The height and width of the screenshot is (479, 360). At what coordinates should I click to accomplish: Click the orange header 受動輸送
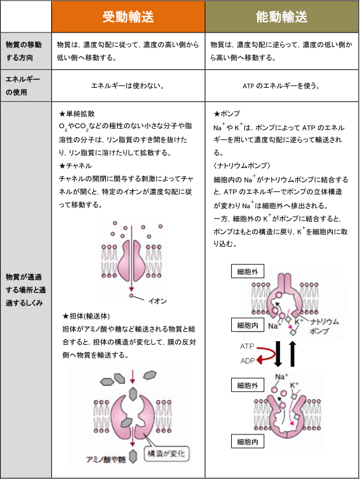pos(128,16)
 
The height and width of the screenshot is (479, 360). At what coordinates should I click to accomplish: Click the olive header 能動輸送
pos(281,16)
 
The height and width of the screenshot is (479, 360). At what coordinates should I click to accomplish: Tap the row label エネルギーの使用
pos(22,85)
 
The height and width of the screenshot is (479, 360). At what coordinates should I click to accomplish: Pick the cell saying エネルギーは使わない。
pos(128,86)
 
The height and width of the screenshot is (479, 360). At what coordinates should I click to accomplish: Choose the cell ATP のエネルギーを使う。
pos(281,86)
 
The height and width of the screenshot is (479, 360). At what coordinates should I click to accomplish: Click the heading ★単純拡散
pos(76,113)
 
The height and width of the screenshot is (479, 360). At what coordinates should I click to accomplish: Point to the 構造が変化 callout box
pos(170,453)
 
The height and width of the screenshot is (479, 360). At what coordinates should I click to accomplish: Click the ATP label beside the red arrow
pos(247,347)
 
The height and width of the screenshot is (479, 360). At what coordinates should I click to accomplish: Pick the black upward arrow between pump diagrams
pos(293,354)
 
